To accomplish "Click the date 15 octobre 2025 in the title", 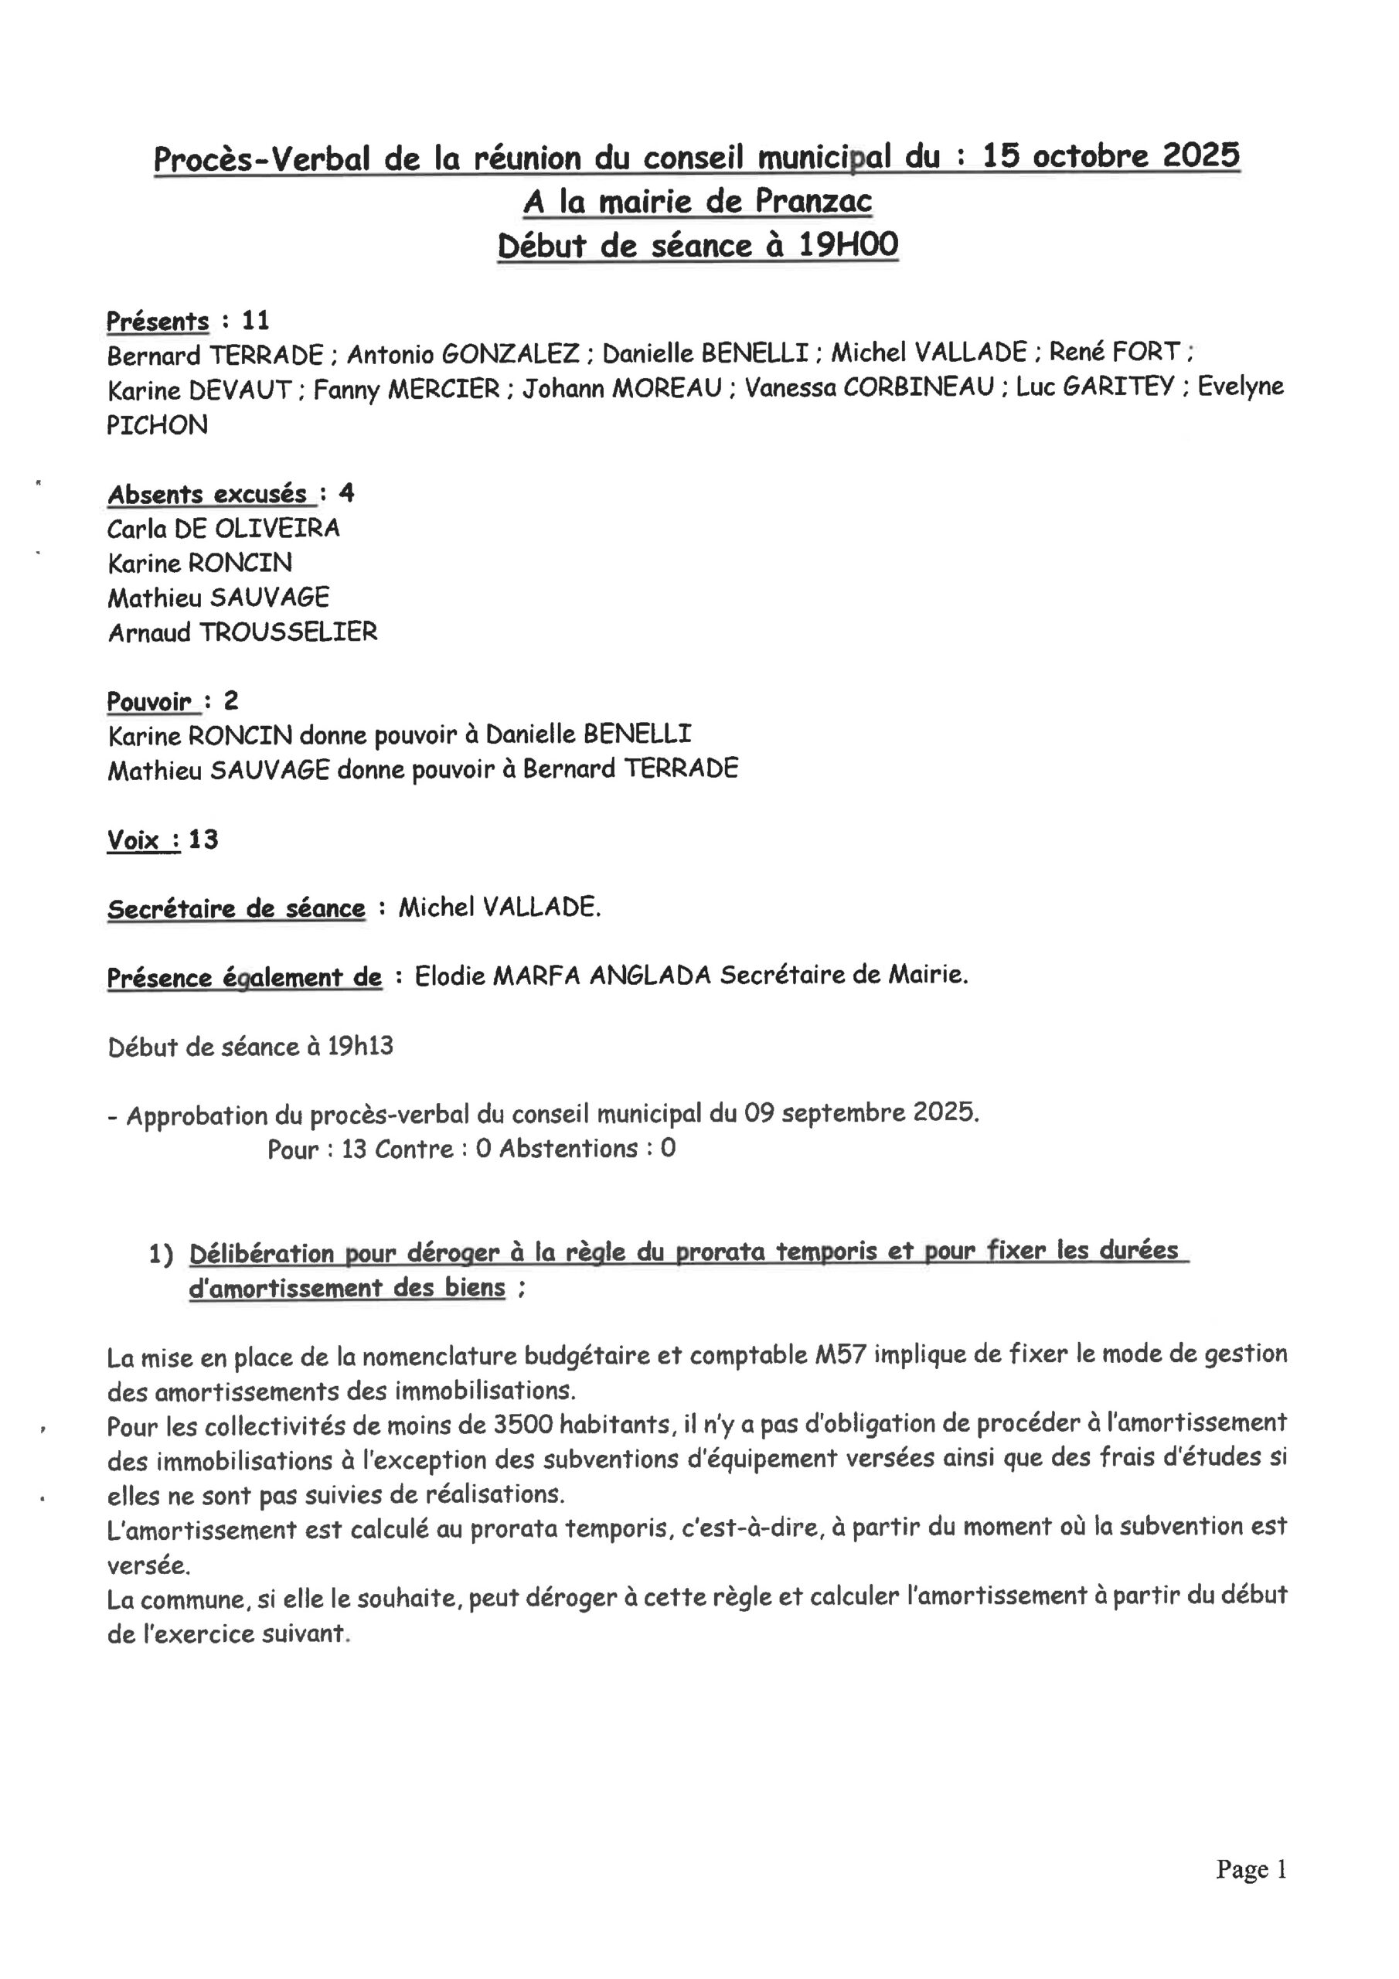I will pyautogui.click(x=1110, y=156).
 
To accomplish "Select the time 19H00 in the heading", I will pyautogui.click(x=848, y=246).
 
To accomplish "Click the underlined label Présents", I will pyautogui.click(x=158, y=322).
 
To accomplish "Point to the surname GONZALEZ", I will pyautogui.click(x=510, y=353).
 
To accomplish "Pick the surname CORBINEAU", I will pyautogui.click(x=919, y=388).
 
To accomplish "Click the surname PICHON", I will pyautogui.click(x=157, y=425).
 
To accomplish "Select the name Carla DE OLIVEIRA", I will pyautogui.click(x=223, y=527).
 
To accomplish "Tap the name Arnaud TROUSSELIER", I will pyautogui.click(x=242, y=632).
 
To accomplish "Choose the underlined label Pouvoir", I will pyautogui.click(x=149, y=702).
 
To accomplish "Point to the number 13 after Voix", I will pyautogui.click(x=203, y=840).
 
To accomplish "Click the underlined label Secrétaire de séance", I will pyautogui.click(x=235, y=909).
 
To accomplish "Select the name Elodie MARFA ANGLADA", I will pyautogui.click(x=562, y=976).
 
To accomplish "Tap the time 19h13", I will pyautogui.click(x=360, y=1047).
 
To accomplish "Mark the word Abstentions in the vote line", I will pyautogui.click(x=569, y=1149).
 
